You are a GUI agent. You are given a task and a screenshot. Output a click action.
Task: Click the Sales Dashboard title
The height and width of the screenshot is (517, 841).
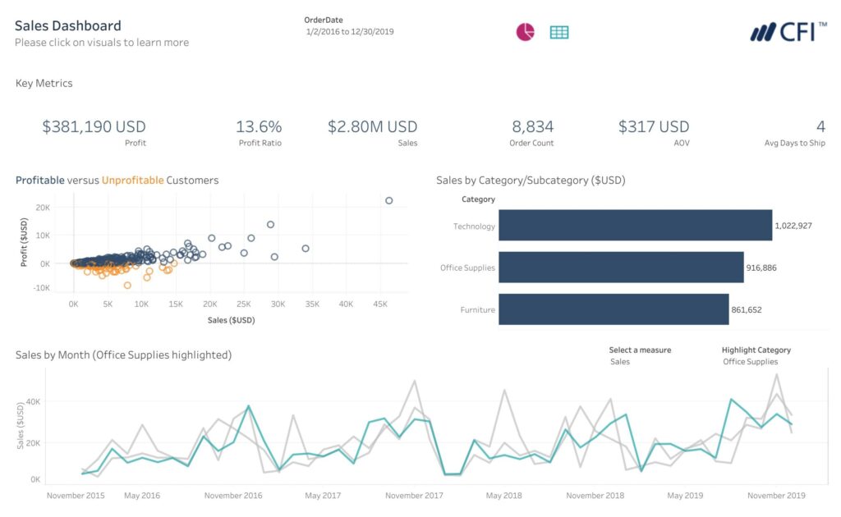coord(67,25)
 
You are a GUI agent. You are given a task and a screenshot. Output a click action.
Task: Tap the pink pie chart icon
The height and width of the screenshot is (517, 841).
coord(525,32)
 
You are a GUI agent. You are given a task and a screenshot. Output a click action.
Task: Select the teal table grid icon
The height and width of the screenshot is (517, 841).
coord(559,32)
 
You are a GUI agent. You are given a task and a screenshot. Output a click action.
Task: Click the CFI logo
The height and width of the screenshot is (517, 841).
coord(788,32)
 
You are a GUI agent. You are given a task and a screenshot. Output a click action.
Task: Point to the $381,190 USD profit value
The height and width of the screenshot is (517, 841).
coord(94,126)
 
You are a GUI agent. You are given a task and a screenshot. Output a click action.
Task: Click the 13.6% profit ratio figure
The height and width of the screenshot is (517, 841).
coord(259,126)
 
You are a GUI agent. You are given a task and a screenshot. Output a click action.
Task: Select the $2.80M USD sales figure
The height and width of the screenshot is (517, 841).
coord(372,126)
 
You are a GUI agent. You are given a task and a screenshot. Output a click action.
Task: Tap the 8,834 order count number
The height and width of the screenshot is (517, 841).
coord(532,126)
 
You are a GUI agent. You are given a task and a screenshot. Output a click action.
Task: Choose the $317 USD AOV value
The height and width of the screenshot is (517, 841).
coord(654,126)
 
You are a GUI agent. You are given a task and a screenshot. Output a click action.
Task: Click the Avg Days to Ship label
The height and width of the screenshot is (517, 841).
coord(794,143)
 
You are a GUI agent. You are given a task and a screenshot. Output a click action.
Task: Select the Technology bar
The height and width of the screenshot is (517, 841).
coord(635,226)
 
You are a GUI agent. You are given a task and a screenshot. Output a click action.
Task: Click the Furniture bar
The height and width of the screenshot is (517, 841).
coord(614,309)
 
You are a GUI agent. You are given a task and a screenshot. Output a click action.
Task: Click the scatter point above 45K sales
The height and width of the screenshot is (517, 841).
coord(388,200)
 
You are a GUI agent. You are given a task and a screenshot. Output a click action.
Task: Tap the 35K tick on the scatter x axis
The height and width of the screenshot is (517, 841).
coord(312,304)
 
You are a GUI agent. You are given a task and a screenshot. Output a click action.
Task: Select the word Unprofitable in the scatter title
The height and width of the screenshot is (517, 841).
coord(132,180)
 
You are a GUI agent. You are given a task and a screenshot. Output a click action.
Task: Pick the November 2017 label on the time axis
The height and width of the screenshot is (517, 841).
coord(415,496)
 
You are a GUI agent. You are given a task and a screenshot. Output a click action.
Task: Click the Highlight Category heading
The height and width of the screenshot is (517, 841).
coord(756,350)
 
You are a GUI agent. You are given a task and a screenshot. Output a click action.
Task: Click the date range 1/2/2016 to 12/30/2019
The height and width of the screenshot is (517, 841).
coord(349,31)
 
